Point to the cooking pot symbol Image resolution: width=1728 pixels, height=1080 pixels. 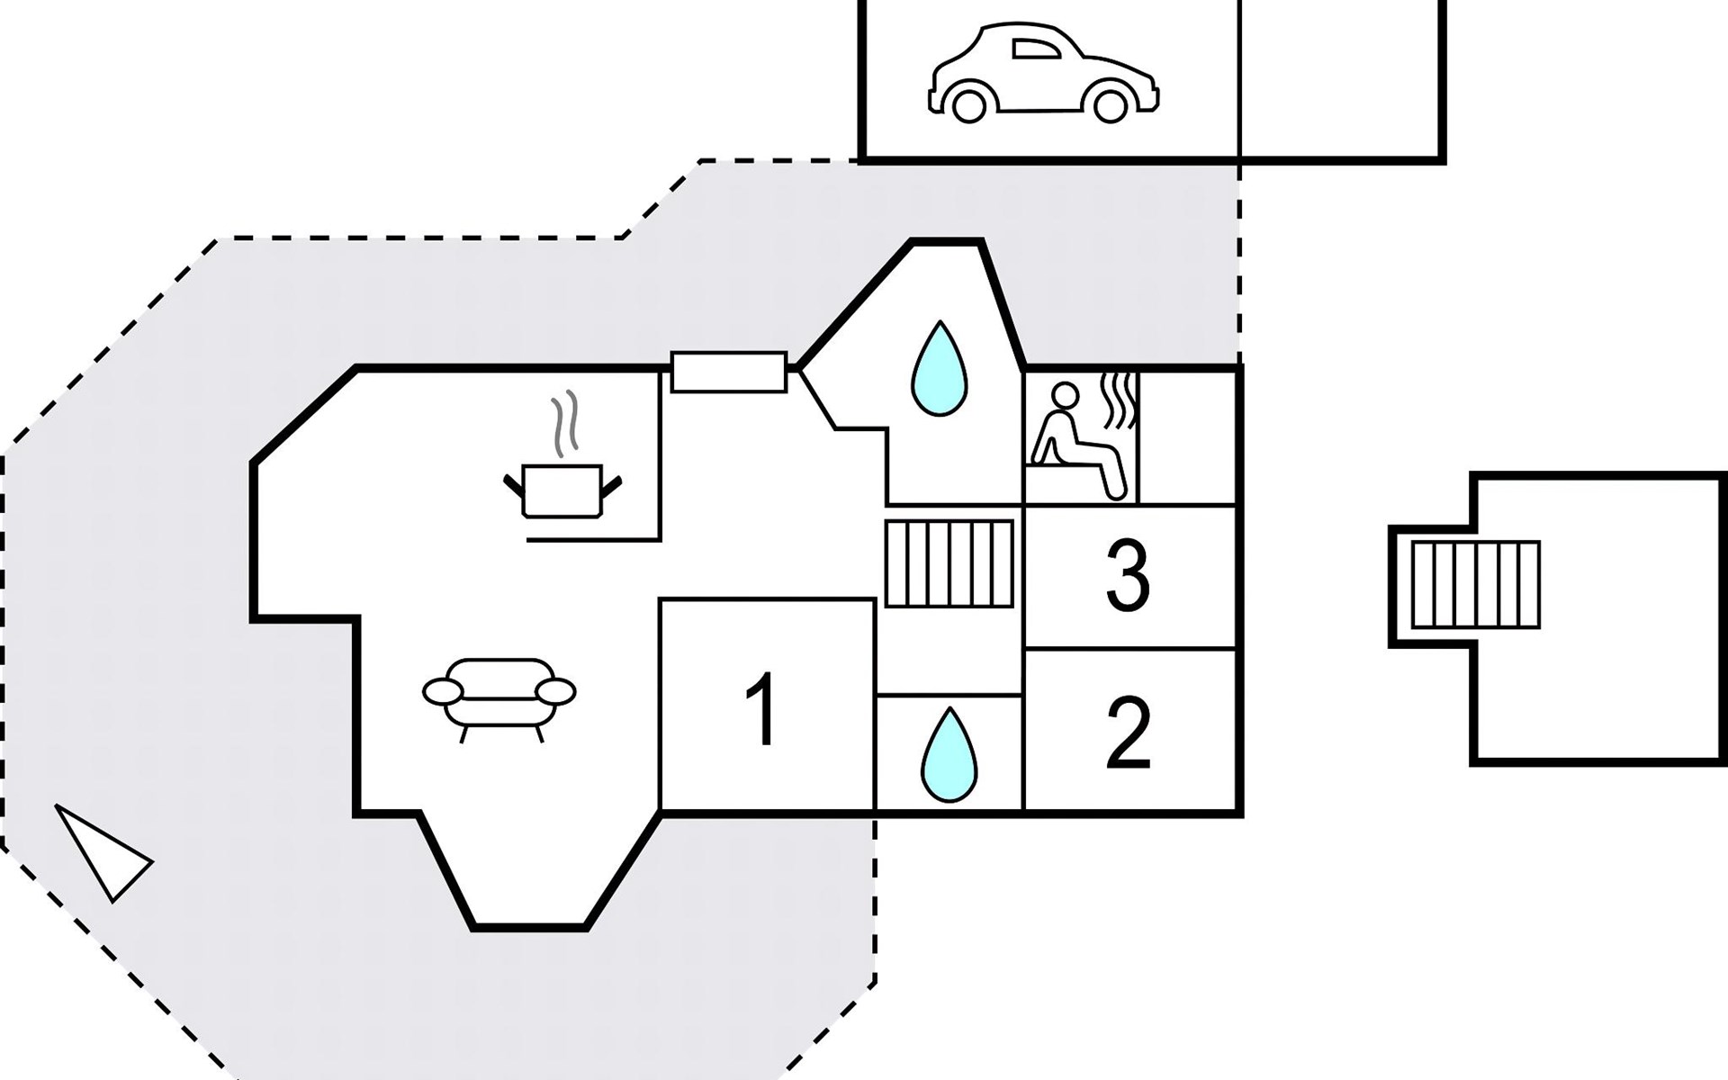coord(562,491)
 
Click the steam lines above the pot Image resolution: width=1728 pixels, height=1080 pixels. coord(564,423)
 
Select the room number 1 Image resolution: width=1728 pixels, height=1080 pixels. coord(764,711)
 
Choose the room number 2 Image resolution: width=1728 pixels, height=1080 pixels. coord(1128,733)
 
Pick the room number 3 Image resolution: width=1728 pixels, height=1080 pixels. coord(1128,576)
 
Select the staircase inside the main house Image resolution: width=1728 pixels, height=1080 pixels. coord(949,563)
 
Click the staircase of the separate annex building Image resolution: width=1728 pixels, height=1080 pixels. coord(1475,585)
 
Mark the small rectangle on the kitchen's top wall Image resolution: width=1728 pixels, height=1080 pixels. coord(729,372)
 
